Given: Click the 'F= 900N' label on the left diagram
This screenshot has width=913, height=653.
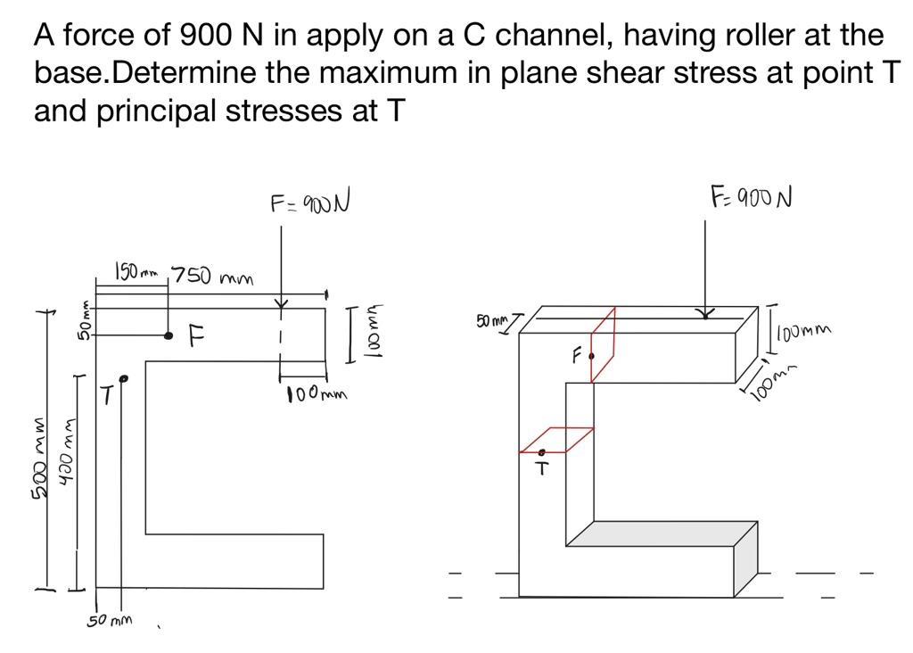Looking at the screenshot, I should pos(308,203).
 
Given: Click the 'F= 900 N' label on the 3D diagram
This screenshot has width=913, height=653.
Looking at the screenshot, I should pos(751,195).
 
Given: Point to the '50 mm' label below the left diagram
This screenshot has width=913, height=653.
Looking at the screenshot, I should pos(110,620).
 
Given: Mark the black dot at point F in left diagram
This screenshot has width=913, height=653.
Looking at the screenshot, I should pos(168,335).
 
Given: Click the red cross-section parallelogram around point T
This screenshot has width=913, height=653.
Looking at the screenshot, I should pos(557,440).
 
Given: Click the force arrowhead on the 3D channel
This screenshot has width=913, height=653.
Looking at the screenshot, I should pos(705,313).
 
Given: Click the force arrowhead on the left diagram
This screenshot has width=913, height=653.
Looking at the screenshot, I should pos(281,304).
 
